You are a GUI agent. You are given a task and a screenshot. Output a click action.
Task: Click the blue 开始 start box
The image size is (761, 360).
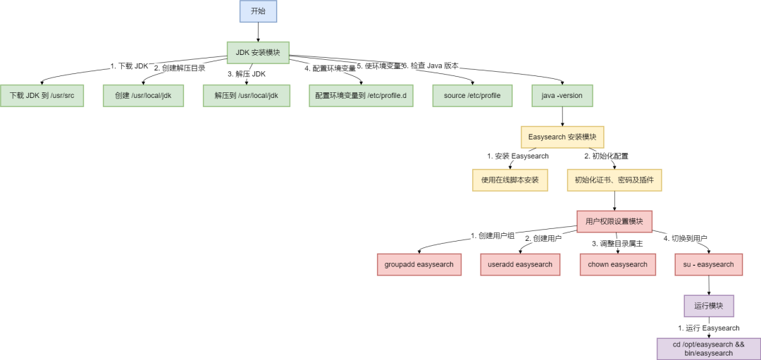click(x=258, y=11)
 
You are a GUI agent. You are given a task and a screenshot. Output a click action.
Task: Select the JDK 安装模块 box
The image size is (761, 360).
click(x=258, y=52)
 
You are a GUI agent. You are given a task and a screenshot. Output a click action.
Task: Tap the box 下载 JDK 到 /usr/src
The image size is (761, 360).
click(x=42, y=96)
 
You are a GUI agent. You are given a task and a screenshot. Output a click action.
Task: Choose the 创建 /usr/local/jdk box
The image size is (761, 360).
click(x=143, y=96)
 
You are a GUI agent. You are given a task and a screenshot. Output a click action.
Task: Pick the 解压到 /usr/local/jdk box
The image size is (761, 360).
click(x=242, y=96)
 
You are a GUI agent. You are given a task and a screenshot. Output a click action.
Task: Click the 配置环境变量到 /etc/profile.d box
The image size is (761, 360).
click(x=361, y=96)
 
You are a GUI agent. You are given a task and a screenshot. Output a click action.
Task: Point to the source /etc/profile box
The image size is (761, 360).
click(x=471, y=96)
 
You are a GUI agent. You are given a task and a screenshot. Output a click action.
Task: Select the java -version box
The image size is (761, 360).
click(x=562, y=96)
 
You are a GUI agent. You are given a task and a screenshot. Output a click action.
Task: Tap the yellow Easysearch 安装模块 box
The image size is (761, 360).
click(x=562, y=137)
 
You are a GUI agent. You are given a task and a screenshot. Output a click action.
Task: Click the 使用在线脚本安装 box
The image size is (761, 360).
click(x=509, y=180)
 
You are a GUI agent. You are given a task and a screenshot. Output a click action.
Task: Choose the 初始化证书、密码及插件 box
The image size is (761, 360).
click(x=614, y=180)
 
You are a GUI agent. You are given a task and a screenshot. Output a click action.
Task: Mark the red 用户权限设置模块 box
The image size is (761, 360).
click(x=614, y=222)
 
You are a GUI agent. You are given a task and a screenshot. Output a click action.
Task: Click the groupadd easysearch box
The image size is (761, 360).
click(x=419, y=265)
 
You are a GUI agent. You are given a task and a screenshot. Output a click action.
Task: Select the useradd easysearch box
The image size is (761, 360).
click(x=520, y=265)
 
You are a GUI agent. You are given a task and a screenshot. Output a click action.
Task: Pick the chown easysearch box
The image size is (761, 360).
click(x=617, y=265)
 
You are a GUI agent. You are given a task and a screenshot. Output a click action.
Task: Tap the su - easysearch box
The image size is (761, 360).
click(x=708, y=265)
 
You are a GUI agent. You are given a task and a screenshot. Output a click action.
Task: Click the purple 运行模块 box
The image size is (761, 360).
click(x=708, y=306)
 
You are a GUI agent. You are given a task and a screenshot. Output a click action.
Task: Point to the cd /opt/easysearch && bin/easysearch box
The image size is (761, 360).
click(x=708, y=349)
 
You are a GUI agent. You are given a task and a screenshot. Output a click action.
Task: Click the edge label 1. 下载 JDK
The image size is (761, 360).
click(x=130, y=66)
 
